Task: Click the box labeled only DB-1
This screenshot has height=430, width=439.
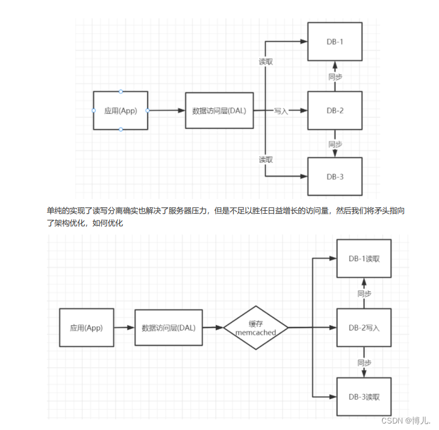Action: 335,42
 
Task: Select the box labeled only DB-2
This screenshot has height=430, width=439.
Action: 335,111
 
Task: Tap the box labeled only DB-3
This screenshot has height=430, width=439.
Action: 335,177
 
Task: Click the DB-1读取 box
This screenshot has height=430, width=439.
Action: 364,259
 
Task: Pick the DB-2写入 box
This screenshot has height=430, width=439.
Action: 364,328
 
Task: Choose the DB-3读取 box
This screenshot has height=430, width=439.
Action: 364,396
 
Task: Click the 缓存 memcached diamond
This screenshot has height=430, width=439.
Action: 256,328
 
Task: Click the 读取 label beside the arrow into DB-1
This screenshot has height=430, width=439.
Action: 266,62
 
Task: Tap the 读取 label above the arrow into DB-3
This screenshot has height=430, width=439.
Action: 266,160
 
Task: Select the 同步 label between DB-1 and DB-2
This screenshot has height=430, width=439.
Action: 335,76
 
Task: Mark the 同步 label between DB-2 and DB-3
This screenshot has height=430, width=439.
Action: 335,144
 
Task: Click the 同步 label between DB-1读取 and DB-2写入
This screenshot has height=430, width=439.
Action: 364,294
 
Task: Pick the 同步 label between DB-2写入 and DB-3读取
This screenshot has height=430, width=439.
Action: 364,362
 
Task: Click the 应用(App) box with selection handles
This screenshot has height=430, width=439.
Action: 120,111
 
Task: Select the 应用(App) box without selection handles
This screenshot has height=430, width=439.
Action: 87,328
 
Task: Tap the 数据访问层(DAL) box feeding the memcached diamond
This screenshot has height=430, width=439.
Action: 169,328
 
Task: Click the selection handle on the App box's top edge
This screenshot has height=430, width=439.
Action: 121,91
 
